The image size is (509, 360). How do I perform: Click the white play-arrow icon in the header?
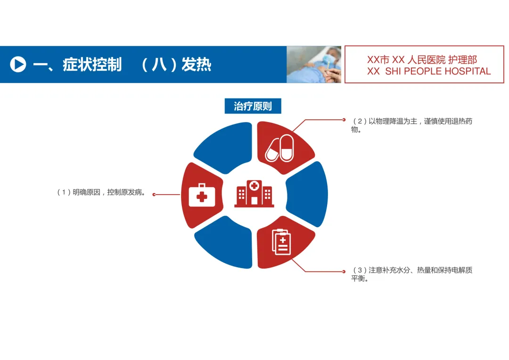coord(18,64)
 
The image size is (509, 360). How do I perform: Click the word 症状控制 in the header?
coord(92,65)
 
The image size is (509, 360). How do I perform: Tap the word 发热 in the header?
coord(196,65)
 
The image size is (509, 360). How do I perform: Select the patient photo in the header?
coord(314,65)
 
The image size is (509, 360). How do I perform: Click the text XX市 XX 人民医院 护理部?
coord(422,60)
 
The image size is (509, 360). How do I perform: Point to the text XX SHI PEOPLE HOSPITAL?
coord(429,72)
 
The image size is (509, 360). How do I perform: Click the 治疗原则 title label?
coord(253,106)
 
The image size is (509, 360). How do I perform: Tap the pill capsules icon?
coord(280,148)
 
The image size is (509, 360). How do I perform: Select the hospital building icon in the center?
coord(254,193)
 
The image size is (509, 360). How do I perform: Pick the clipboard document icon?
coord(281,242)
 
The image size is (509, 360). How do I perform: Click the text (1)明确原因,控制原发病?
coord(101,192)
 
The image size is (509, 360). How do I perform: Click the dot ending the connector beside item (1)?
coord(154,194)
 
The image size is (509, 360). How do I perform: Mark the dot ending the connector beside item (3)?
coord(344,271)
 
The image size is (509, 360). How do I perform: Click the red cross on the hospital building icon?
coord(254,186)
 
